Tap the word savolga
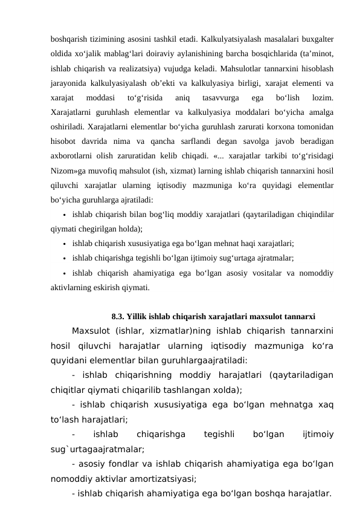coord(244,143)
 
